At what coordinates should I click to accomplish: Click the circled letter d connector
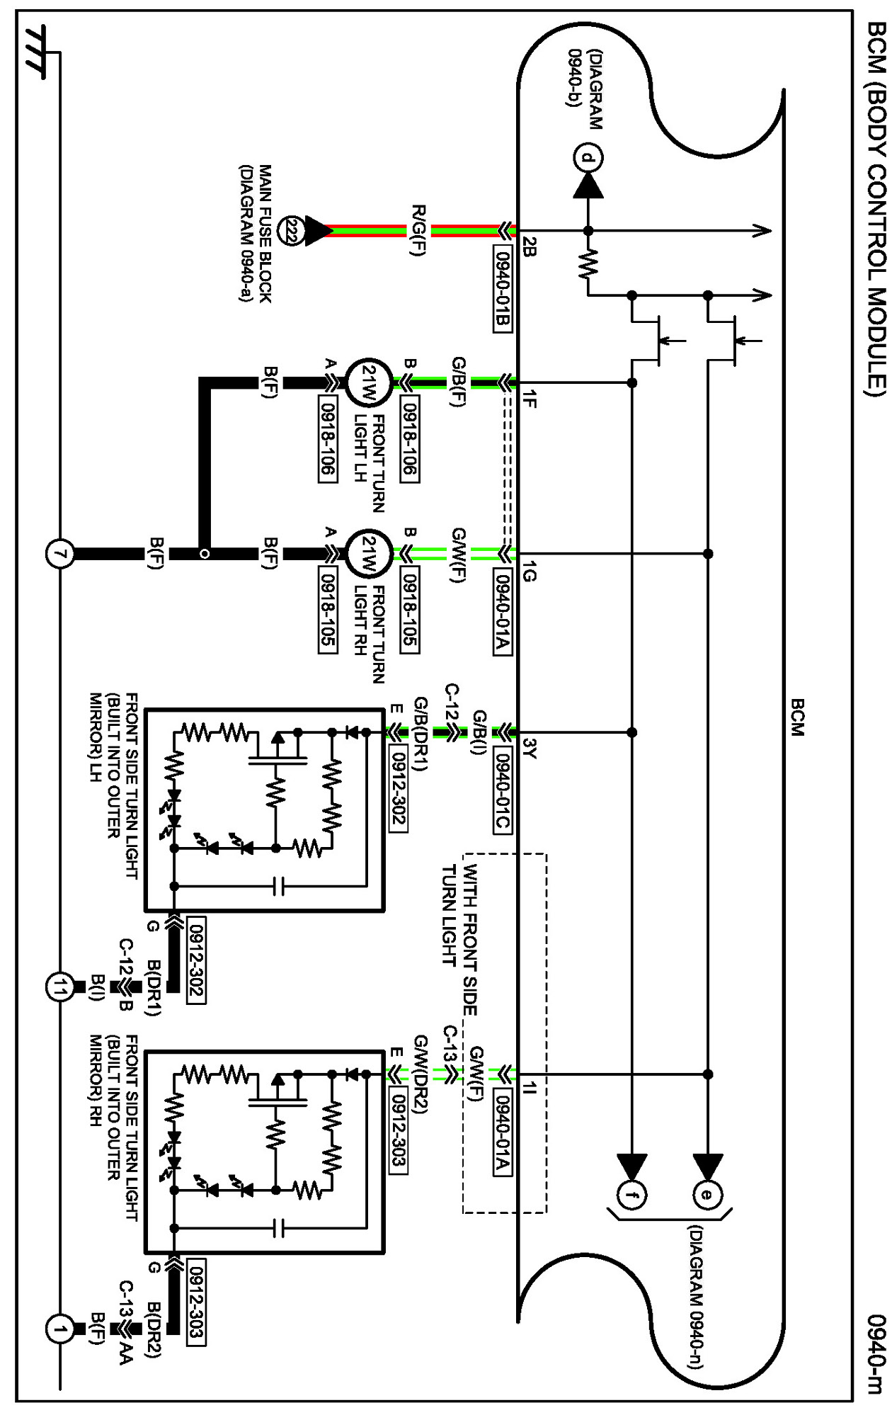click(588, 157)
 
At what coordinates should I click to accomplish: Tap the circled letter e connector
click(707, 1195)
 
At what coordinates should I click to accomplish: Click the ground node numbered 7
click(60, 554)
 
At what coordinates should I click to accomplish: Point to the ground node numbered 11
click(60, 987)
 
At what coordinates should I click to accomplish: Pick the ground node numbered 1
click(60, 1329)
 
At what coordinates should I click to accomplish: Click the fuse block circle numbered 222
click(290, 231)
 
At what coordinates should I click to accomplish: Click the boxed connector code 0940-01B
click(502, 289)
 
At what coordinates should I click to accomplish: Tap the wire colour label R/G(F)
click(419, 231)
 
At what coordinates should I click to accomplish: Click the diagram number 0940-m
click(876, 1353)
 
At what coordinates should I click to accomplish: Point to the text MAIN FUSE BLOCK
click(265, 234)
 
